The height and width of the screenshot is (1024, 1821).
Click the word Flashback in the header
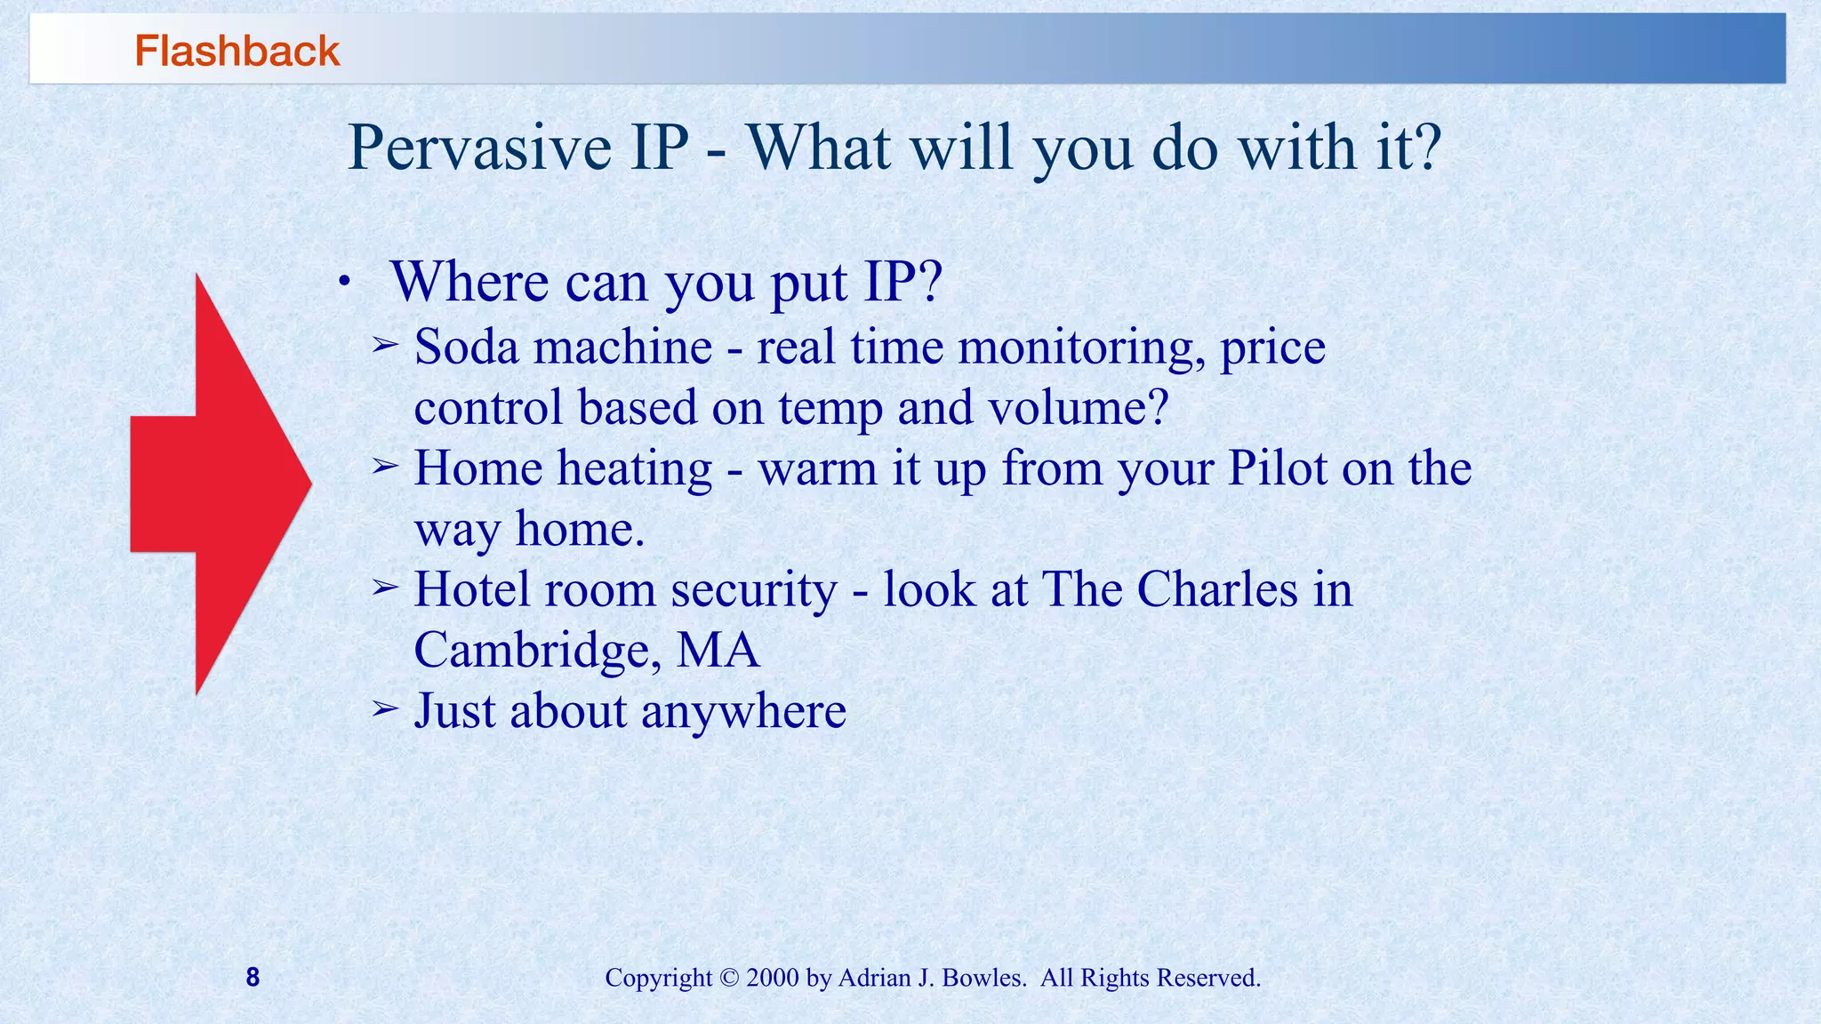[237, 51]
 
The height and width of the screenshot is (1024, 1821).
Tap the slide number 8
[253, 978]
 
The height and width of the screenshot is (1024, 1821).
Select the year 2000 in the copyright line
[773, 978]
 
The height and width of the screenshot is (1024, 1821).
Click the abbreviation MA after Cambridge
[718, 650]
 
